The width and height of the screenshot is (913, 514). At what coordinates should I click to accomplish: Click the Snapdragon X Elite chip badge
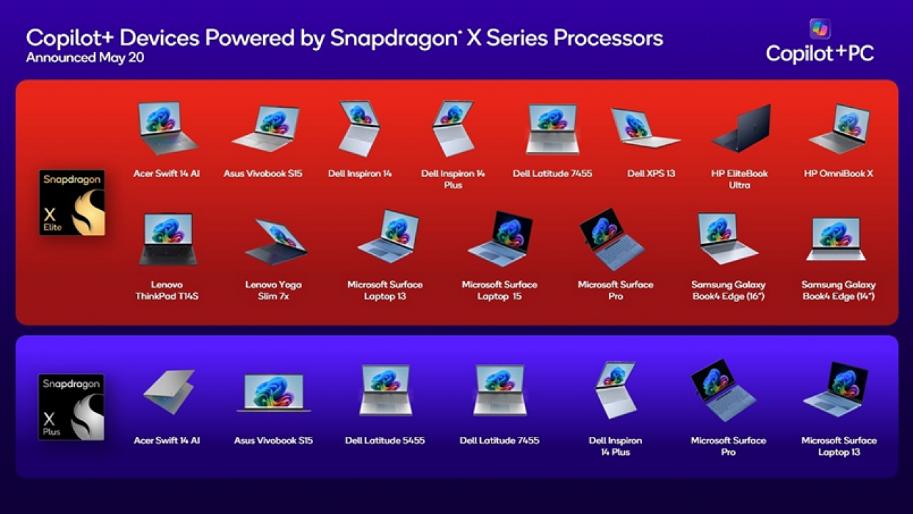72,202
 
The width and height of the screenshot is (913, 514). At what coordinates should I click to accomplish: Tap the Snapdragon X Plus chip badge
71,407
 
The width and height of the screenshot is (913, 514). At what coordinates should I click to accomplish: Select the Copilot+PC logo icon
820,29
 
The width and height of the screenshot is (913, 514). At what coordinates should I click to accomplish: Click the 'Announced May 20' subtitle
85,57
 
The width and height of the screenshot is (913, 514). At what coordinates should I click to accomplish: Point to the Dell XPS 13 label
651,173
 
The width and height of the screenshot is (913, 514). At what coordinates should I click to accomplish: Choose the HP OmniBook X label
838,173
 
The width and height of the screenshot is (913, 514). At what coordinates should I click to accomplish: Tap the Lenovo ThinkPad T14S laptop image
168,239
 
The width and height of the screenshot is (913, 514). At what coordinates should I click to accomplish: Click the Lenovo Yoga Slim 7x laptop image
275,241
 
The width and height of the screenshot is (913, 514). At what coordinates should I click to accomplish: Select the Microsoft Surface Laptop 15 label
499,290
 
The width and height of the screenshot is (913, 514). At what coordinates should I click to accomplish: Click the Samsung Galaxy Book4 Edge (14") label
838,290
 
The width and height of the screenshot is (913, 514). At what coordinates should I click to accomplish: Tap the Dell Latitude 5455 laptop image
385,390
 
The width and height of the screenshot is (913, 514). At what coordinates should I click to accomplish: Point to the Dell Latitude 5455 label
384,440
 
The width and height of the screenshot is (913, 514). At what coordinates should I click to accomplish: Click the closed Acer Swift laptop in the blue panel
168,392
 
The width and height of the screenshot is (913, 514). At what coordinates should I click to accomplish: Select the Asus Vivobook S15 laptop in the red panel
265,128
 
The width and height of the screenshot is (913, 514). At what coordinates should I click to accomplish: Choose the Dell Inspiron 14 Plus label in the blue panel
616,446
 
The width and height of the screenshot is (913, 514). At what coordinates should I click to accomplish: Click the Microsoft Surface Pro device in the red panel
612,239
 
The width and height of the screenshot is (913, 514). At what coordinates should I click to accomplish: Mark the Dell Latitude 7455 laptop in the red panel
553,129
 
